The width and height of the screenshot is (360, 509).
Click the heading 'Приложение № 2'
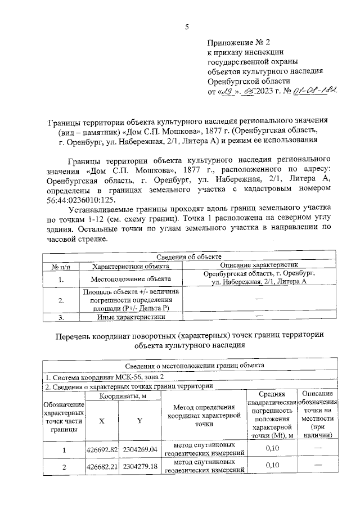[239, 42]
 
